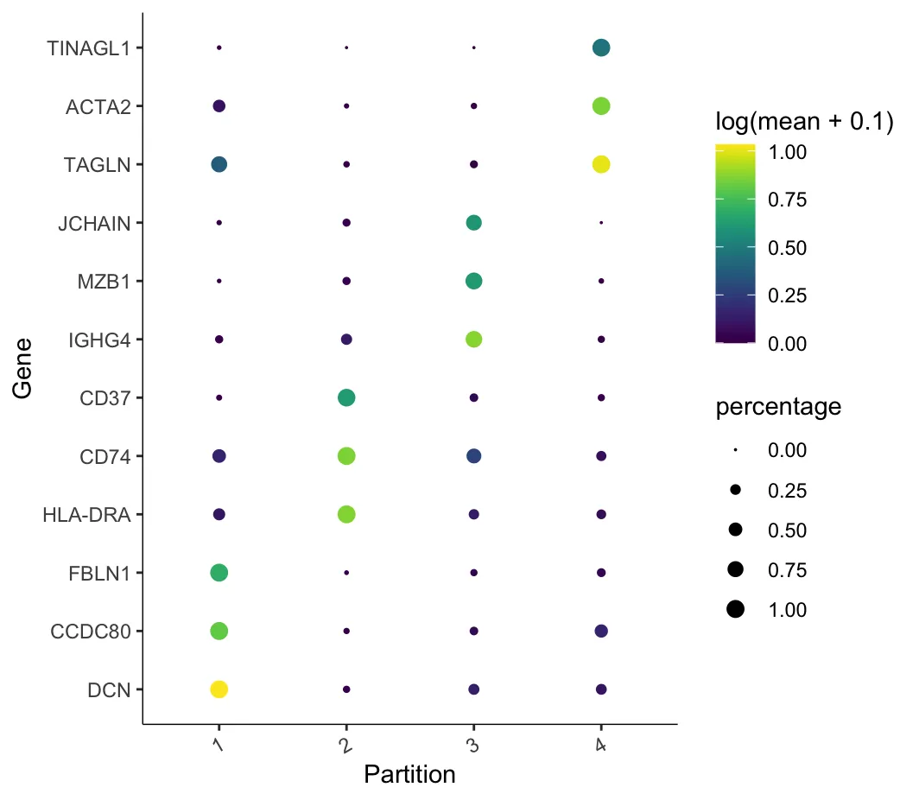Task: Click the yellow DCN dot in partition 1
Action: (x=219, y=689)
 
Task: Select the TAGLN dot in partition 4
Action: (x=601, y=164)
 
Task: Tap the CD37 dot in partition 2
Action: (x=346, y=397)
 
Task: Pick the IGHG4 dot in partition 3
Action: (x=473, y=340)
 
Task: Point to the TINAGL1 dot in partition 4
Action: (x=601, y=48)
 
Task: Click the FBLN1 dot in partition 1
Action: (x=219, y=572)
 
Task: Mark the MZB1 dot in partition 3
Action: (x=473, y=281)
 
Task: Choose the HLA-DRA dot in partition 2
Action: (x=346, y=514)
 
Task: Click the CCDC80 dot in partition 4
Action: (x=601, y=631)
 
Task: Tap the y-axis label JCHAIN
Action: (x=94, y=223)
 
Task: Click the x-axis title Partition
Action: (x=409, y=774)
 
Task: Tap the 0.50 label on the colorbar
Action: (x=787, y=248)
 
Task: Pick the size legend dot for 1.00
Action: (x=735, y=610)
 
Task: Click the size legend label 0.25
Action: (x=787, y=491)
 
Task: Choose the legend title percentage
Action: (x=778, y=407)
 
